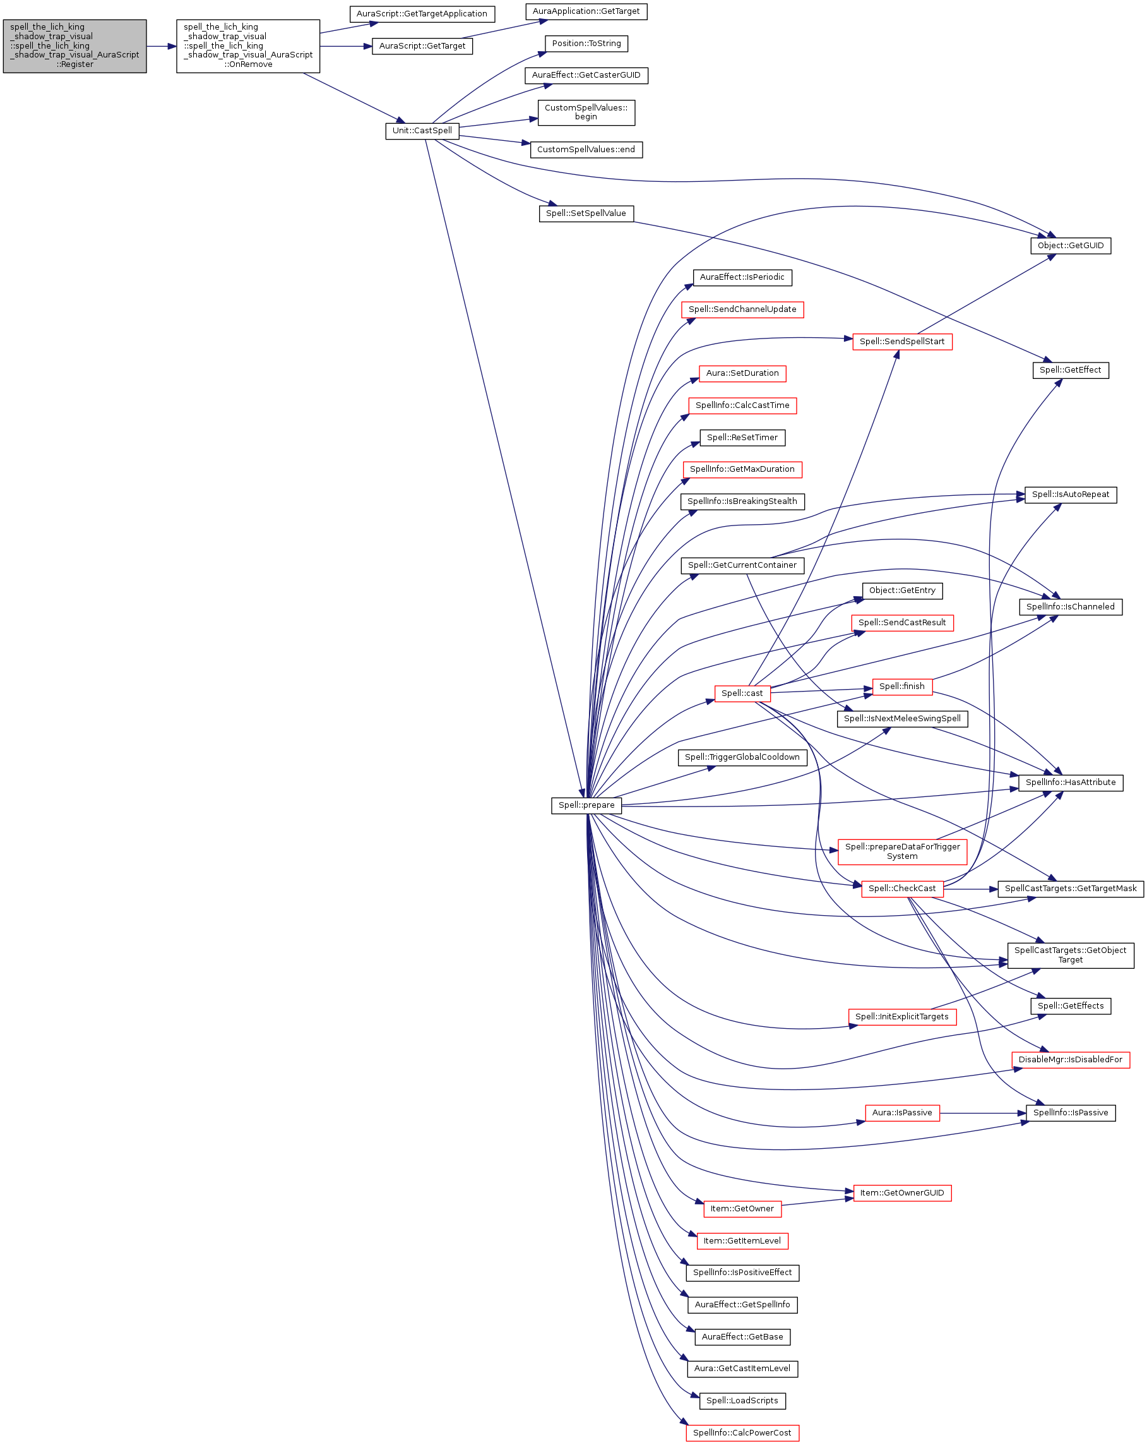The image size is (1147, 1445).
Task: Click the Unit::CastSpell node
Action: click(422, 131)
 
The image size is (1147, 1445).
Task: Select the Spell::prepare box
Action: click(586, 805)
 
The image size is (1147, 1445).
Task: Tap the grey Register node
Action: click(74, 46)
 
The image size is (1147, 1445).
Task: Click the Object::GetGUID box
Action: click(1070, 245)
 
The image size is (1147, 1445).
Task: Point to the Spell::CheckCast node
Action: click(902, 888)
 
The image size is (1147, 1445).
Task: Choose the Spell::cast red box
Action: click(742, 693)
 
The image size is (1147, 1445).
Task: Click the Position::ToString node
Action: click(586, 44)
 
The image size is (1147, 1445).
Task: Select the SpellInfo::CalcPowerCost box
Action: click(742, 1432)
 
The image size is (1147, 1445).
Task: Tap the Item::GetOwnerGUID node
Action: click(902, 1192)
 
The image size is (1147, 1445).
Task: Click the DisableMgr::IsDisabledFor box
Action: click(1070, 1059)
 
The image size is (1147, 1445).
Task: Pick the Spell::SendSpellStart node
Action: click(902, 341)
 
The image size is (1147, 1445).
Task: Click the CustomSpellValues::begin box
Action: click(586, 112)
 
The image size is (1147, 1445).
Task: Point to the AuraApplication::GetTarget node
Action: click(586, 11)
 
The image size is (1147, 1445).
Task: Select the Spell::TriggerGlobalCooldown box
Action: click(742, 757)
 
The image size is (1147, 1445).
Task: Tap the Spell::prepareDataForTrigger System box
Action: click(902, 851)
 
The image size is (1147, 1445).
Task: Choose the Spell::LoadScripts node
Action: click(742, 1400)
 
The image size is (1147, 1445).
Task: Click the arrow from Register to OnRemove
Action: click(162, 46)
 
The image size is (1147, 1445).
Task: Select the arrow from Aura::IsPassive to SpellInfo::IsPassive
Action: click(983, 1113)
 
